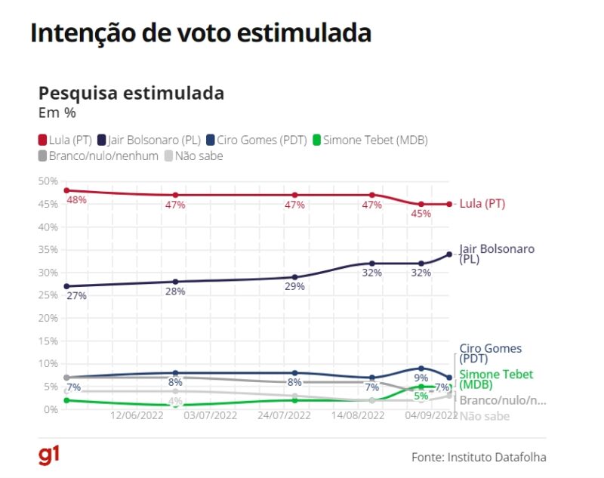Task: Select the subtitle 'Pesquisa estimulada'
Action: click(131, 94)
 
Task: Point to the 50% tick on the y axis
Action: click(48, 181)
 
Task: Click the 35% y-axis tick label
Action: click(48, 250)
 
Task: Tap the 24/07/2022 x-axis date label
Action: click(285, 415)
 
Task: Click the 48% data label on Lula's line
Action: click(76, 200)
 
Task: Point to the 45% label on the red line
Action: click(421, 214)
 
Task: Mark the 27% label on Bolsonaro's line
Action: click(76, 296)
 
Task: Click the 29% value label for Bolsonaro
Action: click(294, 286)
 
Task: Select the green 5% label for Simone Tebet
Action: click(421, 396)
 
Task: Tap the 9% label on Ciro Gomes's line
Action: click(421, 378)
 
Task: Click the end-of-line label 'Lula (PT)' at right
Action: click(482, 204)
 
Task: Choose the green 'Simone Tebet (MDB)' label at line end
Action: click(496, 380)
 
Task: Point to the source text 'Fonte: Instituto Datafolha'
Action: click(479, 457)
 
